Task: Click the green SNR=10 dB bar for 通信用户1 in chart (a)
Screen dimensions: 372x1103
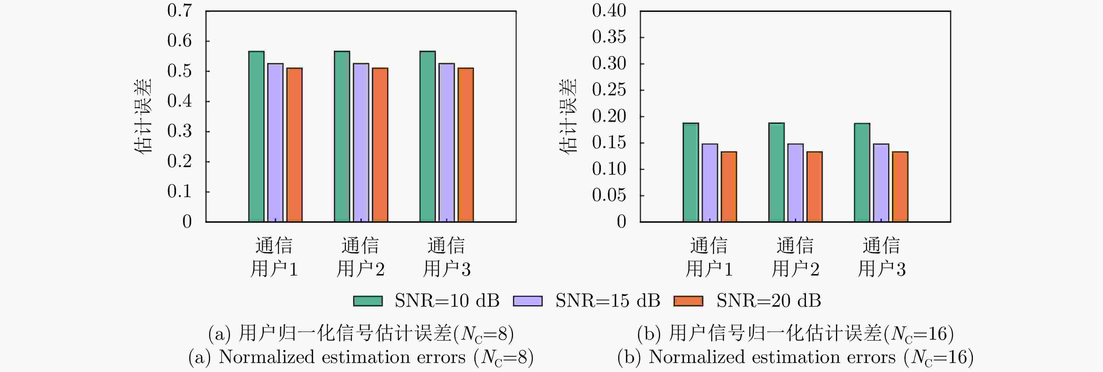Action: [256, 136]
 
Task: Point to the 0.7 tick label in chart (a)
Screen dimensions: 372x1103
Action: [179, 11]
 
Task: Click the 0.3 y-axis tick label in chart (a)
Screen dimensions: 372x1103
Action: [179, 131]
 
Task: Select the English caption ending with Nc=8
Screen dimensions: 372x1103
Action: [361, 357]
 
